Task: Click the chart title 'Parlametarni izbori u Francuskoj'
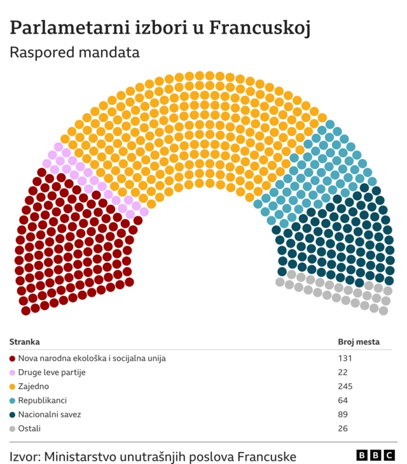(x=160, y=27)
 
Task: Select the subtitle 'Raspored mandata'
(x=74, y=53)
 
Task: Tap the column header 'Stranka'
(x=24, y=342)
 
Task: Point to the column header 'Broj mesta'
(x=358, y=342)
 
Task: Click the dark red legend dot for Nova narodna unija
(x=13, y=358)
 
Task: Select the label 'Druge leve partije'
(x=52, y=372)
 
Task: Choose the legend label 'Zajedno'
(x=33, y=386)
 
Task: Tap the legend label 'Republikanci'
(x=42, y=400)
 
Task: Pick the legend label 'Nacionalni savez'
(x=49, y=414)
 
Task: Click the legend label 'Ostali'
(x=29, y=428)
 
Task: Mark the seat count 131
(x=345, y=358)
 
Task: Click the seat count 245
(x=345, y=386)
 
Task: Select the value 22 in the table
(x=343, y=372)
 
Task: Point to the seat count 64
(x=343, y=400)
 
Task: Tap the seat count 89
(x=343, y=414)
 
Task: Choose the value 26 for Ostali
(x=343, y=428)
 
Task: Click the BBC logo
(x=375, y=455)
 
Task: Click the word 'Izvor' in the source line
(x=24, y=456)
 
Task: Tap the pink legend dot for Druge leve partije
(x=13, y=372)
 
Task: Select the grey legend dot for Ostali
(x=13, y=428)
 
